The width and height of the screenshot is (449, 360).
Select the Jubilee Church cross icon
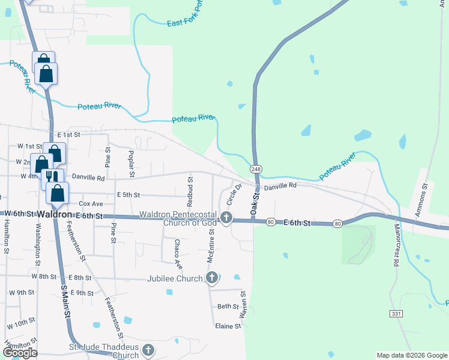tap(211, 277)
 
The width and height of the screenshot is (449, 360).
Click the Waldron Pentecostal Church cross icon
tap(226, 217)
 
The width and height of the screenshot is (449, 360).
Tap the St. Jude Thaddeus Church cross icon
tap(148, 350)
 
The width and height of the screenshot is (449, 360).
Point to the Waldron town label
tap(55, 215)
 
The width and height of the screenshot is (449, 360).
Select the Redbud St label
tap(190, 187)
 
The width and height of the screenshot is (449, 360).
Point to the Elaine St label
tap(229, 326)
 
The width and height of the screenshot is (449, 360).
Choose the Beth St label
tap(228, 306)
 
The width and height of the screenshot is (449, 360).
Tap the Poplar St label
tap(130, 160)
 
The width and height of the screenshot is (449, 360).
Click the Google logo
tap(20, 353)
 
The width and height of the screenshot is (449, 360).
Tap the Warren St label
tap(243, 304)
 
